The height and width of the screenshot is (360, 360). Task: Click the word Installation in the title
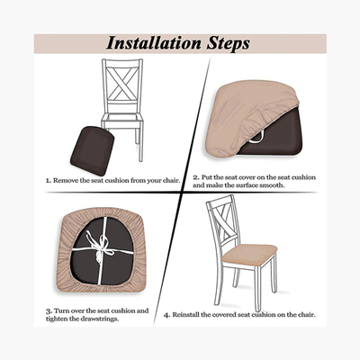point(154,43)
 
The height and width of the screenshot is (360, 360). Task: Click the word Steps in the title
point(229,44)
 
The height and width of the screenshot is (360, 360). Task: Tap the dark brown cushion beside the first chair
point(92,150)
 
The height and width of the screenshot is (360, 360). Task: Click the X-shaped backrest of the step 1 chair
point(122,84)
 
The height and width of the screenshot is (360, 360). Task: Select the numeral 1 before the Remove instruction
point(48,181)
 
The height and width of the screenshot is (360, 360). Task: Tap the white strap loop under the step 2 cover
point(257,138)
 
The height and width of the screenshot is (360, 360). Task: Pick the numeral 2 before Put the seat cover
point(195,177)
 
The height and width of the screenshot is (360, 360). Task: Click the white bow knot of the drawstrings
point(100,246)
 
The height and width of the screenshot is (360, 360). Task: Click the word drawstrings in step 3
point(100,319)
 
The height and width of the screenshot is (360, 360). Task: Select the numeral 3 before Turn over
point(48,311)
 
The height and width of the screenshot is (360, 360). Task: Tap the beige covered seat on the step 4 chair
point(249,255)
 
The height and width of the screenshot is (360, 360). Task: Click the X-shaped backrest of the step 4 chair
point(222,221)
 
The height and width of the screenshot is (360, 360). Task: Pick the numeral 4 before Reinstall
point(166,315)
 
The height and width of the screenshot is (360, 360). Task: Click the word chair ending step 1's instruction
point(172,181)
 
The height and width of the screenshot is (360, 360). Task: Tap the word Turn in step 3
point(61,310)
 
